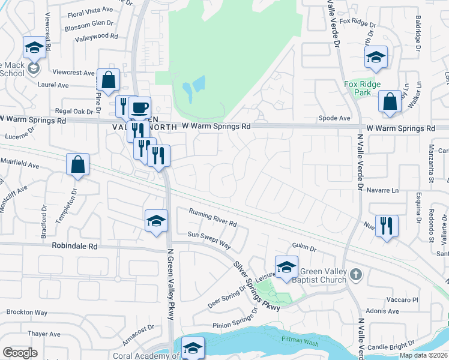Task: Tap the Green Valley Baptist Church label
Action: point(319,275)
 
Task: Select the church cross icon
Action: point(356,274)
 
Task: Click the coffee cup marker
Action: point(140,108)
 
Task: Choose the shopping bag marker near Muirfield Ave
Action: point(78,165)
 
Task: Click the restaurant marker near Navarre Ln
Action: point(386,226)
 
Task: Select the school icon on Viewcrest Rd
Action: point(34,47)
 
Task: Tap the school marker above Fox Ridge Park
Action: point(376,58)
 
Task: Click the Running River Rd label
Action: point(213,217)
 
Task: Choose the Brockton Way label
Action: point(27,313)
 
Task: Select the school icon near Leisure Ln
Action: point(286,267)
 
